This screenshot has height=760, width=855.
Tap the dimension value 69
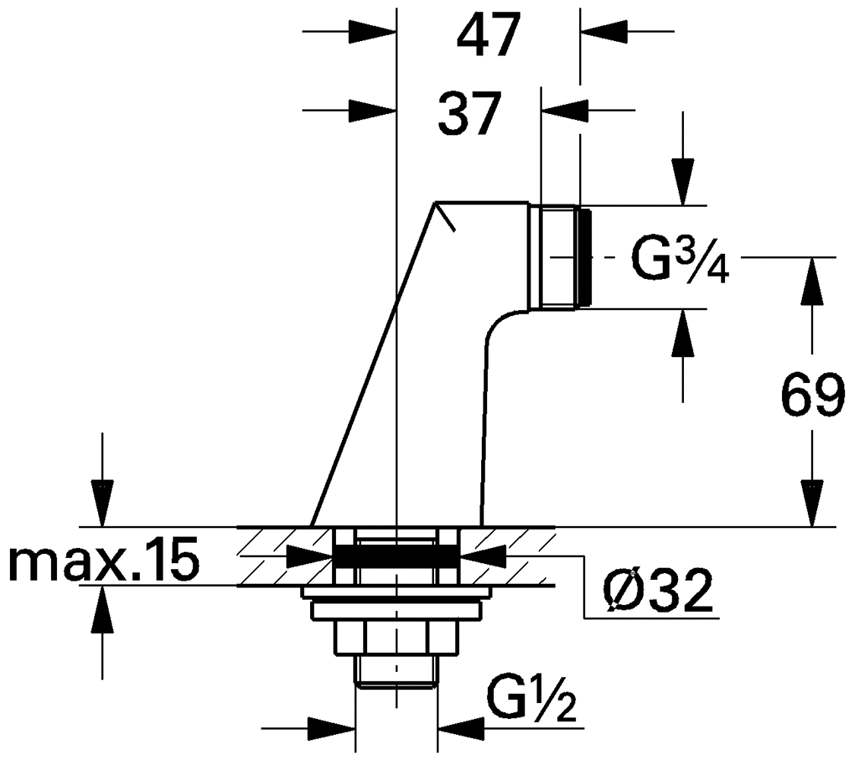[812, 395]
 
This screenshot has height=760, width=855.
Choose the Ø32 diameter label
[657, 591]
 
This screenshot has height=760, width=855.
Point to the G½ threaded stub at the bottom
[397, 670]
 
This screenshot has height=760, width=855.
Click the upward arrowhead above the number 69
[812, 280]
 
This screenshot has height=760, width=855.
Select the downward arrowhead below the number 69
[812, 503]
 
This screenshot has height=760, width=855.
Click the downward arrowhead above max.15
[103, 503]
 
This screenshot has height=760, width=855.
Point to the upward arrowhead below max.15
[103, 610]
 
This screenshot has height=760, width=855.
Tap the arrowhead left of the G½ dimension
[331, 728]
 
